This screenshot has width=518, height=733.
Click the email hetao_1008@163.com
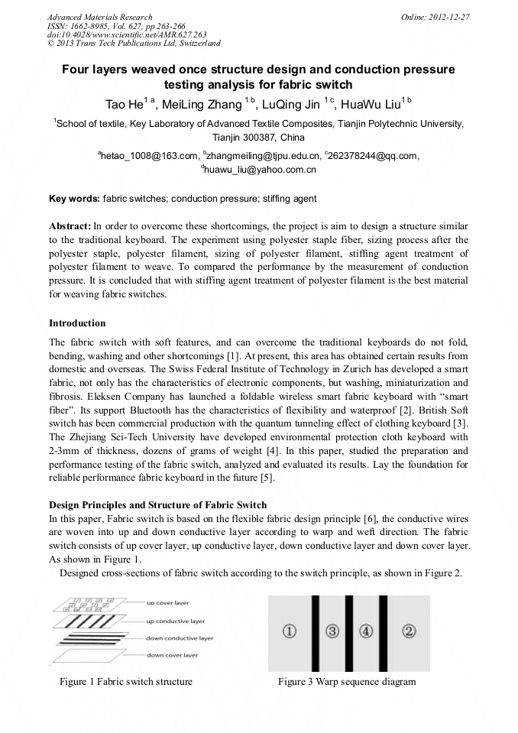pos(148,156)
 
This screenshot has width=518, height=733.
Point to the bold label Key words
pos(74,199)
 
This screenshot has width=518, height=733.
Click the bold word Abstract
pos(70,227)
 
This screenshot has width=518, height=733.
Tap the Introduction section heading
pos(77,323)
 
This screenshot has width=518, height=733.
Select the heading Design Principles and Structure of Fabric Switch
pos(157,504)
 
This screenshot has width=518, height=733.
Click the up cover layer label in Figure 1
pos(171,603)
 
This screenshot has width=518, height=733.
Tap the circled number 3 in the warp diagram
pos(332,631)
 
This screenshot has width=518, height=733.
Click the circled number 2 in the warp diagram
pos(409,631)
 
